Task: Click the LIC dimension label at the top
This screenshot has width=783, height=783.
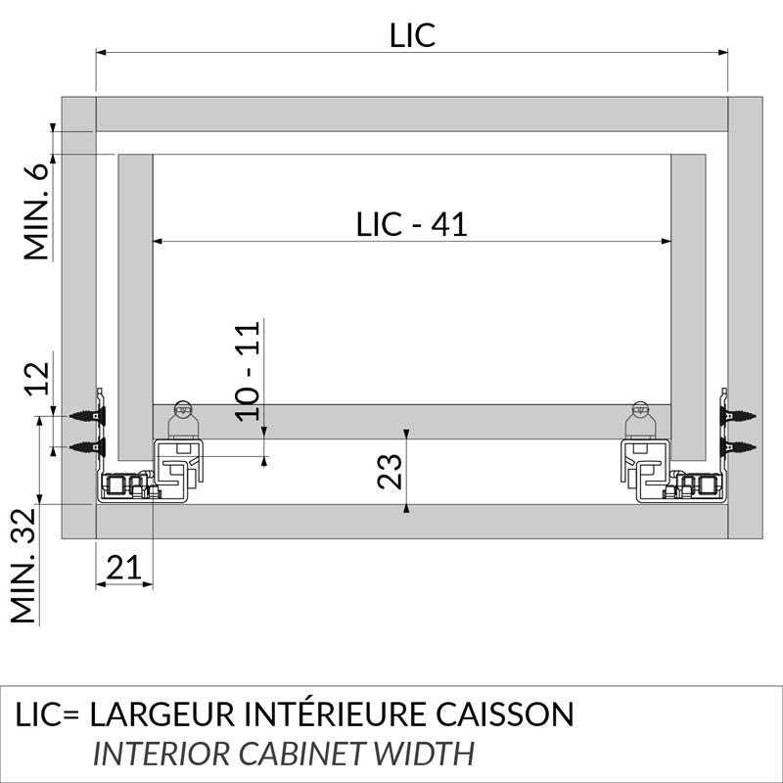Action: point(411,35)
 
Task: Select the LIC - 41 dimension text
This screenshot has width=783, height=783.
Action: point(411,224)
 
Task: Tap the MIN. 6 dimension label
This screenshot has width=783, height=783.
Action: point(37,212)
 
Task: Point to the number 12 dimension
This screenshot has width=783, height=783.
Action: point(37,377)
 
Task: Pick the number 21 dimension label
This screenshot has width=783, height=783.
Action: point(123,567)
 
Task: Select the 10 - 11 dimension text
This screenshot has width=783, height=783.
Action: point(251,371)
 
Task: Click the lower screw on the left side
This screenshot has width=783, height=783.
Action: point(90,448)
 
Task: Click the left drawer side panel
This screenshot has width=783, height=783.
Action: point(136,303)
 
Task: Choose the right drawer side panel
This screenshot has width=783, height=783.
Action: point(689,303)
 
